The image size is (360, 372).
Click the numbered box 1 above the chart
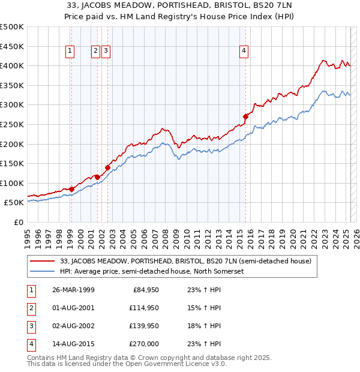pyautogui.click(x=71, y=52)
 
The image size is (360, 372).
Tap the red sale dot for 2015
pyautogui.click(x=245, y=116)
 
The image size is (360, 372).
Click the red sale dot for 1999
pyautogui.click(x=71, y=189)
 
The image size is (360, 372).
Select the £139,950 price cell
pyautogui.click(x=142, y=326)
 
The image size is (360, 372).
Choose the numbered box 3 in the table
pyautogui.click(x=30, y=326)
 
